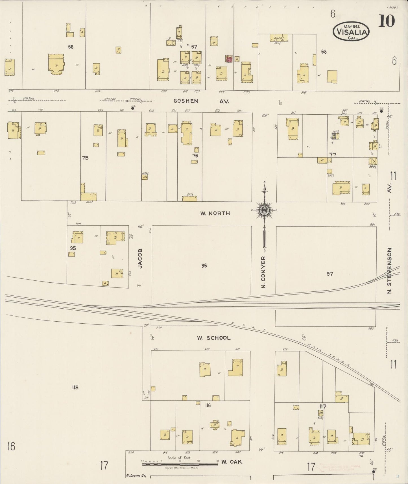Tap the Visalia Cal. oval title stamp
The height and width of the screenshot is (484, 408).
pyautogui.click(x=351, y=32)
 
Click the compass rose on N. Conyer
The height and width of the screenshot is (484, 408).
pyautogui.click(x=265, y=210)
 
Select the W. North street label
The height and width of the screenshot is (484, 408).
pyautogui.click(x=215, y=213)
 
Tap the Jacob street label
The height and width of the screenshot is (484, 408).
pyautogui.click(x=140, y=258)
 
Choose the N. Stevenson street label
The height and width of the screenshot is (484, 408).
pyautogui.click(x=390, y=271)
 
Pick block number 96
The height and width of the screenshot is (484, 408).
pyautogui.click(x=204, y=265)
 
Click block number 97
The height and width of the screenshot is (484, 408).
pyautogui.click(x=330, y=274)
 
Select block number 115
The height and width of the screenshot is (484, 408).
pyautogui.click(x=75, y=387)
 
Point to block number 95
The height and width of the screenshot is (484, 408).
pyautogui.click(x=73, y=248)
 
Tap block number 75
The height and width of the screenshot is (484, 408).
pyautogui.click(x=85, y=158)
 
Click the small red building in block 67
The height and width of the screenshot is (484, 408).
pyautogui.click(x=229, y=59)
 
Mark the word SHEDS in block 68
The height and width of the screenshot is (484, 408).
pyautogui.click(x=279, y=38)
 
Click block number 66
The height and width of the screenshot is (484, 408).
pyautogui.click(x=71, y=47)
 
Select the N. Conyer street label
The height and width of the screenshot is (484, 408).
pyautogui.click(x=264, y=272)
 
